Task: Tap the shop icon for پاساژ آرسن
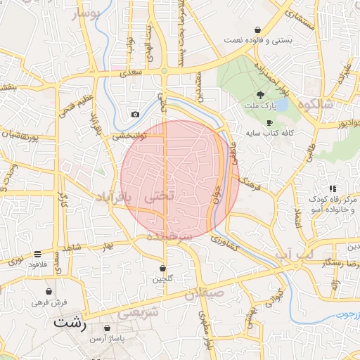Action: click(107, 328)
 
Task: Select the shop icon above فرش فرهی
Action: click(49, 291)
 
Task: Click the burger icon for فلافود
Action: click(37, 255)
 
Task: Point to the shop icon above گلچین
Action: click(163, 268)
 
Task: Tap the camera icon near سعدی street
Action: click(135, 114)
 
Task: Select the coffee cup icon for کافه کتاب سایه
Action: click(269, 122)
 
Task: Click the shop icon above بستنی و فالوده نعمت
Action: click(258, 30)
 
